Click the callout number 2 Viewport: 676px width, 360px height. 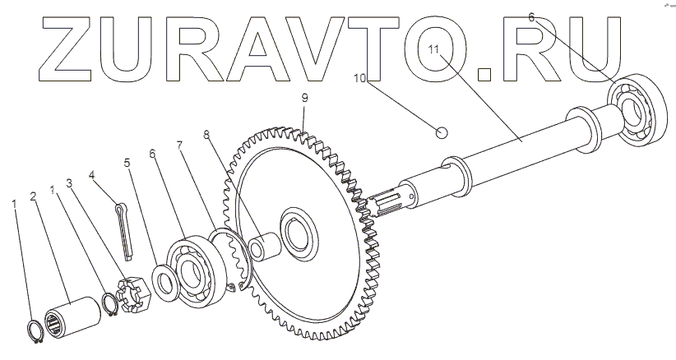point(34,196)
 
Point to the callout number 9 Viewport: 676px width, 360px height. point(305,98)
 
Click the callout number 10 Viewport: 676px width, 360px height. point(360,78)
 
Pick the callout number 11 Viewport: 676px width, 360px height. point(433,48)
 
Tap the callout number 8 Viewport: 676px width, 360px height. point(206,135)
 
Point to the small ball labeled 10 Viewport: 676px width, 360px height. point(442,132)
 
